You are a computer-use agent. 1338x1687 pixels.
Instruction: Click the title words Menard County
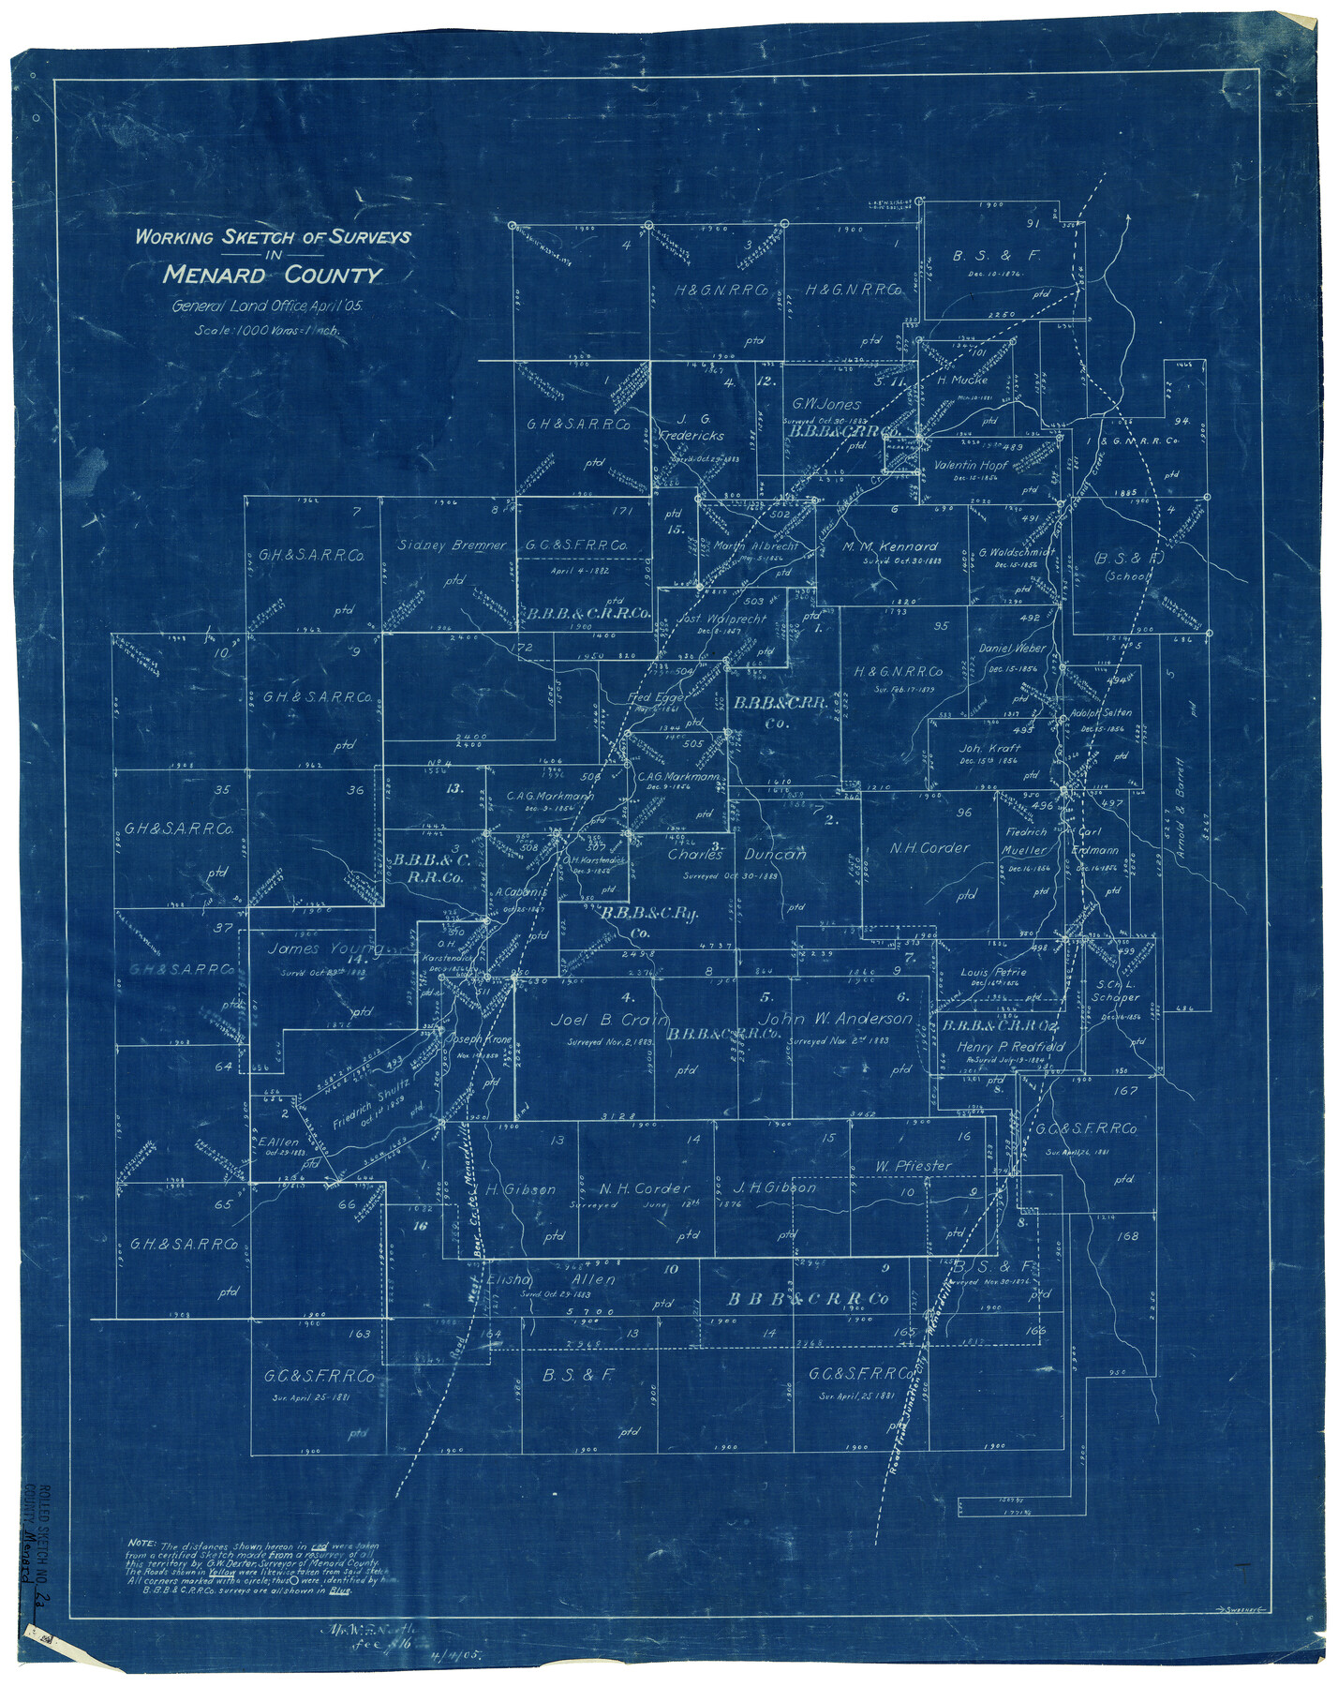pyautogui.click(x=273, y=276)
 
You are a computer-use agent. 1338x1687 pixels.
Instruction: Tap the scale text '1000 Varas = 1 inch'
pyautogui.click(x=268, y=330)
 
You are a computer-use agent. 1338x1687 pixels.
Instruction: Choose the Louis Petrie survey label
pyautogui.click(x=993, y=972)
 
